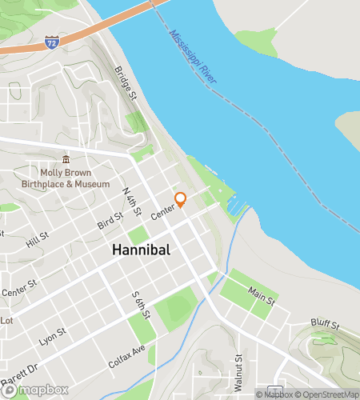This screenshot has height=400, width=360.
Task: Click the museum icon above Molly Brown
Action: point(66,158)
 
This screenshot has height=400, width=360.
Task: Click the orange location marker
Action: point(181,199)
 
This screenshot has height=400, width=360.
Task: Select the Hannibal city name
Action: point(141,250)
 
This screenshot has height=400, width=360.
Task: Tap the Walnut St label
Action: point(238,373)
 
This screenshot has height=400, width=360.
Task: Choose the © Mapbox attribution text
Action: point(274,394)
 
